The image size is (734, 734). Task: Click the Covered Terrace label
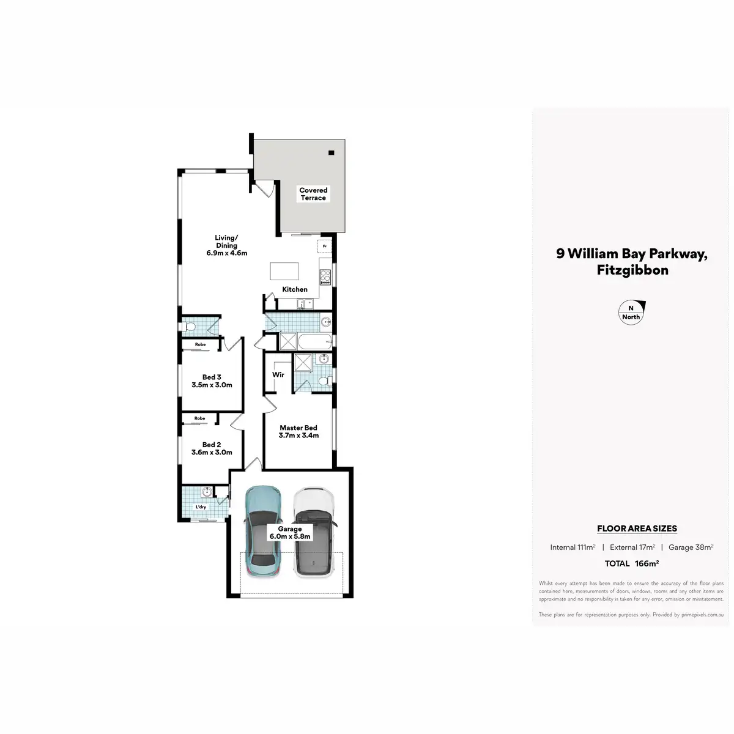[x=313, y=194]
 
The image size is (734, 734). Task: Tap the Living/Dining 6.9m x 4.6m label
[x=226, y=245]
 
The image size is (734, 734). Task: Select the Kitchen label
[x=295, y=289]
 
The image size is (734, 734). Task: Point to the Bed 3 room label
[x=212, y=381]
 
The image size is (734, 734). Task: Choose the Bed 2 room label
[x=212, y=448]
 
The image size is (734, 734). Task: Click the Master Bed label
[x=298, y=432]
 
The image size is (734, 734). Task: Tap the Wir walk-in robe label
[x=278, y=374]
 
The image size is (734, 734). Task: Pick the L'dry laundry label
[x=201, y=508]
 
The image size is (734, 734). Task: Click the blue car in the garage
[x=264, y=531]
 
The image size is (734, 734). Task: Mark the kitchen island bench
[x=285, y=272]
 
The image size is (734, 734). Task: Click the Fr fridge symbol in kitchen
[x=324, y=246]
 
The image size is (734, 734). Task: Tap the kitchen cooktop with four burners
[x=325, y=276]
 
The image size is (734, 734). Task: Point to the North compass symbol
[x=632, y=312]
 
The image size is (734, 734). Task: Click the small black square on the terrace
[x=332, y=152]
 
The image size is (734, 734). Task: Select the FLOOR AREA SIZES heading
[x=637, y=528]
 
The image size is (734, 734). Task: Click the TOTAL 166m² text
[x=631, y=563]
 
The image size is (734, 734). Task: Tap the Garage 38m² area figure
[x=691, y=547]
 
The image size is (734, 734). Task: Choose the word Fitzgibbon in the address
[x=632, y=270]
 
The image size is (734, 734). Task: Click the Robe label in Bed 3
[x=200, y=344]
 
